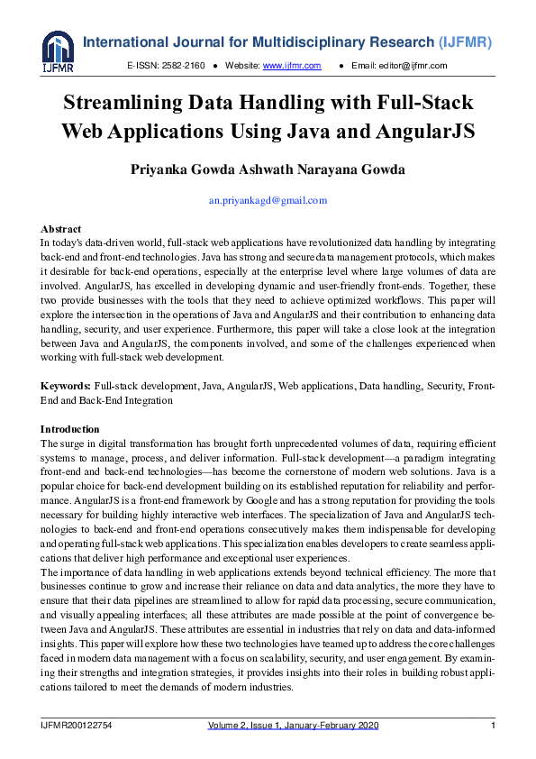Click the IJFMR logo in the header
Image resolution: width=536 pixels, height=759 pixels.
pos(58,52)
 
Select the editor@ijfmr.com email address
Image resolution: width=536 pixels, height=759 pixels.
pos(412,66)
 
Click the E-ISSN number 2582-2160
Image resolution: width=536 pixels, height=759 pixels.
pos(185,66)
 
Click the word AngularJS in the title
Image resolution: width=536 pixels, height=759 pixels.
pos(425,130)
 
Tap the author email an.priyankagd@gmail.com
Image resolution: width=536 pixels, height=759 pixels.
pos(268,200)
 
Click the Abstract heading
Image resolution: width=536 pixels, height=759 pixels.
pos(61,229)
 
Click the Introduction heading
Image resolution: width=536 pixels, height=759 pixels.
pos(70,429)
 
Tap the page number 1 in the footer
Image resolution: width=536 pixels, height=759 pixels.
pos(493,727)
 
